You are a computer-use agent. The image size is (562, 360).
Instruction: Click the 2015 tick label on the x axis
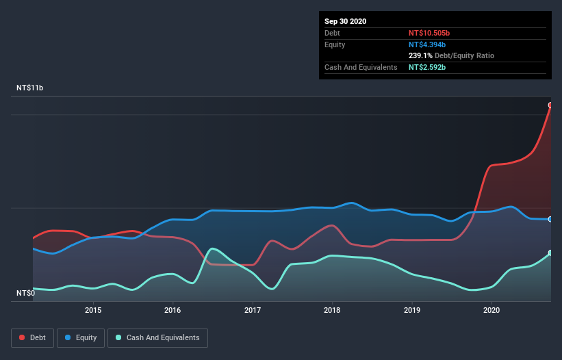click(93, 310)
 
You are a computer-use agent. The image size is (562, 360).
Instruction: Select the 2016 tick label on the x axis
click(173, 310)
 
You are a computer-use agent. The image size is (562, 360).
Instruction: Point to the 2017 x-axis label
click(253, 310)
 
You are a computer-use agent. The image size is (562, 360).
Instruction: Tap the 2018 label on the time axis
click(332, 310)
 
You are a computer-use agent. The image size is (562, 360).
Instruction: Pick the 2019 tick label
click(412, 310)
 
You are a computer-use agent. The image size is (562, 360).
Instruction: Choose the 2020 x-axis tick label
click(491, 310)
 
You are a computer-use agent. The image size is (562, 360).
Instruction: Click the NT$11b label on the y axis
click(29, 88)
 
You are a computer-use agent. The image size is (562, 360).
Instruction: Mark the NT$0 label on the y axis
click(25, 293)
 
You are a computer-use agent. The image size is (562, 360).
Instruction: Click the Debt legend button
click(32, 337)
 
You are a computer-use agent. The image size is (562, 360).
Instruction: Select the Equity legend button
click(81, 337)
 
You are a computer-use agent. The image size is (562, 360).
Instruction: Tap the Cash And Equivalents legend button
click(157, 337)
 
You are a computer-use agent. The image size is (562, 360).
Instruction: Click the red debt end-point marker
click(550, 105)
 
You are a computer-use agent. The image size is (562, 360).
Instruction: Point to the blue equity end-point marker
click(550, 219)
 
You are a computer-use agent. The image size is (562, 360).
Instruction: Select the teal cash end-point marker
click(550, 253)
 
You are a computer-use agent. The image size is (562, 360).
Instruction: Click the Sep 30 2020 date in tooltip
click(345, 21)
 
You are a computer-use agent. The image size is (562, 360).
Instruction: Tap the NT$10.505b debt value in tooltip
click(429, 33)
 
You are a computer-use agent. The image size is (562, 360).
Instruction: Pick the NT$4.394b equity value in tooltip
click(426, 44)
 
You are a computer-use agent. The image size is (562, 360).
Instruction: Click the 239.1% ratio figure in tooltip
click(420, 55)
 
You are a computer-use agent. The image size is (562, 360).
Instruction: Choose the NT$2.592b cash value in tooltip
click(427, 67)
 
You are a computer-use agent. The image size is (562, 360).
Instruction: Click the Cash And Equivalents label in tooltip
click(361, 67)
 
